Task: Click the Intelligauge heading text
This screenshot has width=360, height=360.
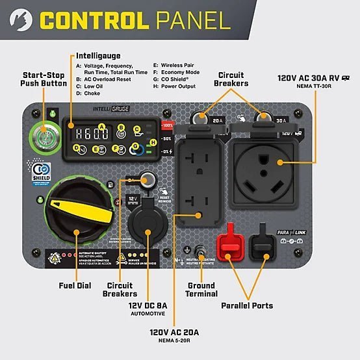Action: point(99,56)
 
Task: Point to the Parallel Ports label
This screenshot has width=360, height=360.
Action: point(247,305)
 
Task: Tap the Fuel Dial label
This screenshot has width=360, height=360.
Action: point(75,285)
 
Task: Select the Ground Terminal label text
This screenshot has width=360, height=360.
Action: point(201,290)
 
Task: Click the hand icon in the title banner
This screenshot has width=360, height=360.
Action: point(21,19)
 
